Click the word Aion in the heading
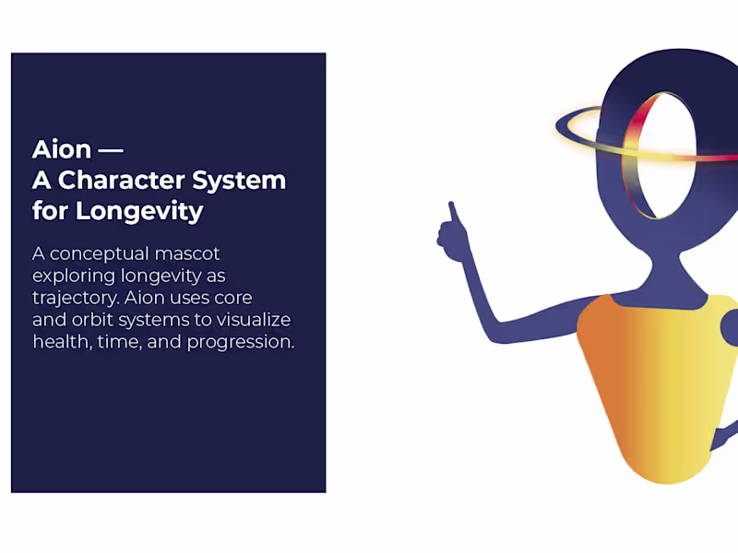(61, 149)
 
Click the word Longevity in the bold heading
(138, 211)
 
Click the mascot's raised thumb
(452, 214)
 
